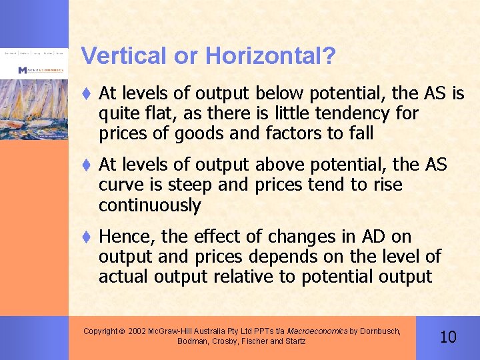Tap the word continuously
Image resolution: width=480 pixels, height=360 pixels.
149,205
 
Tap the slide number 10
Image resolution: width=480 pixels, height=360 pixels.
448,337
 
